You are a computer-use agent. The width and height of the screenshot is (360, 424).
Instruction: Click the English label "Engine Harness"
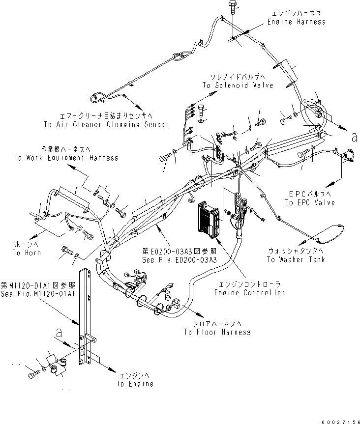pos(296,22)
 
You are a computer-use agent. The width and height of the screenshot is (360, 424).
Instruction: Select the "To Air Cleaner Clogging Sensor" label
pos(106,125)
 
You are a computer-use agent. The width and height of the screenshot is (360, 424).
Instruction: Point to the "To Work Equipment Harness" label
pos(66,158)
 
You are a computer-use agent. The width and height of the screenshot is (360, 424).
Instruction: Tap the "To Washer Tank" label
pos(296,259)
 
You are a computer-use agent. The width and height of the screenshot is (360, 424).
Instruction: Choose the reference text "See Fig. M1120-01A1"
pos(37,294)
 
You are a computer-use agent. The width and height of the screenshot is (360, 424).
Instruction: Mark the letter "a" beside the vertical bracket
pos(60,333)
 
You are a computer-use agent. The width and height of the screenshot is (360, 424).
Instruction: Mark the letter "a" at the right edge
pos(353,138)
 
